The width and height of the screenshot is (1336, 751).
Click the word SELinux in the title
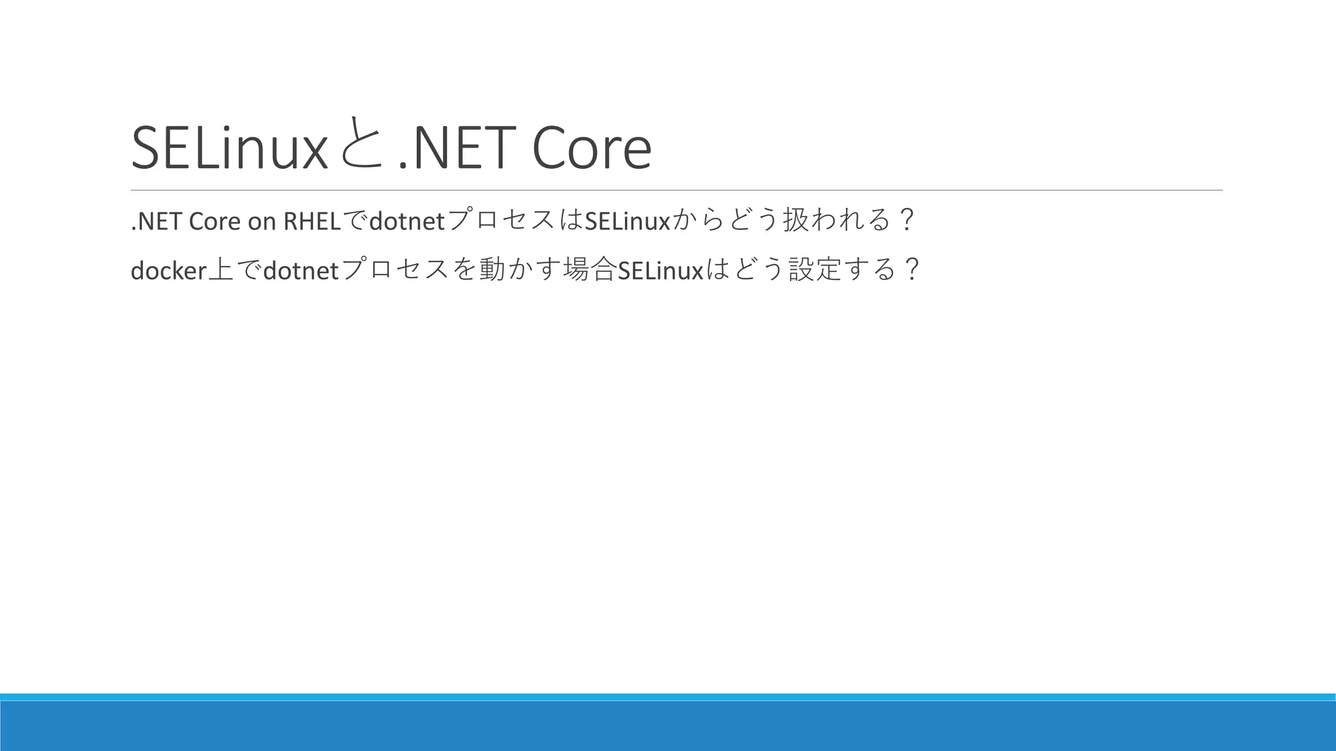click(228, 149)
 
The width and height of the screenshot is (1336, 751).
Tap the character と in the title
click(361, 145)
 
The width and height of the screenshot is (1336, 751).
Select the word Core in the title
click(591, 149)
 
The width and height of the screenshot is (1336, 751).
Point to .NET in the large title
click(453, 149)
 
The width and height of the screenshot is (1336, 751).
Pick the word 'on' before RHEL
click(262, 222)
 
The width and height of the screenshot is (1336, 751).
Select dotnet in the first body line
click(406, 222)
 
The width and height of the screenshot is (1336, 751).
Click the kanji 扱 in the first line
click(795, 220)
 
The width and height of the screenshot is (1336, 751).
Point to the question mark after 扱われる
click(906, 220)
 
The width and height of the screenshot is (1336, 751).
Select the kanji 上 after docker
click(220, 269)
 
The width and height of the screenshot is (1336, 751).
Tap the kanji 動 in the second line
click(490, 269)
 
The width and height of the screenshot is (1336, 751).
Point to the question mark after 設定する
click(913, 269)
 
